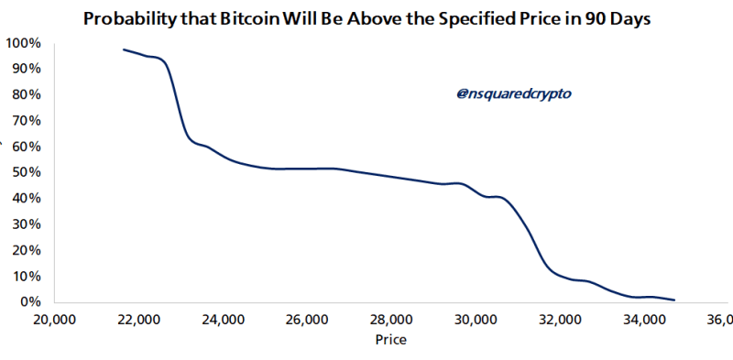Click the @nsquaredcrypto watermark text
click(x=507, y=93)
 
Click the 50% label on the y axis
click(x=24, y=172)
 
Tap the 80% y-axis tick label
click(x=24, y=94)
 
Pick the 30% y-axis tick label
click(x=24, y=224)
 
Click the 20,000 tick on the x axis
click(x=53, y=320)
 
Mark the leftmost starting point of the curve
click(x=124, y=49)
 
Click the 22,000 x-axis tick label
click(x=137, y=320)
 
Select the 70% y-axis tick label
click(x=24, y=120)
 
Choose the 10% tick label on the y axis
click(x=24, y=276)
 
